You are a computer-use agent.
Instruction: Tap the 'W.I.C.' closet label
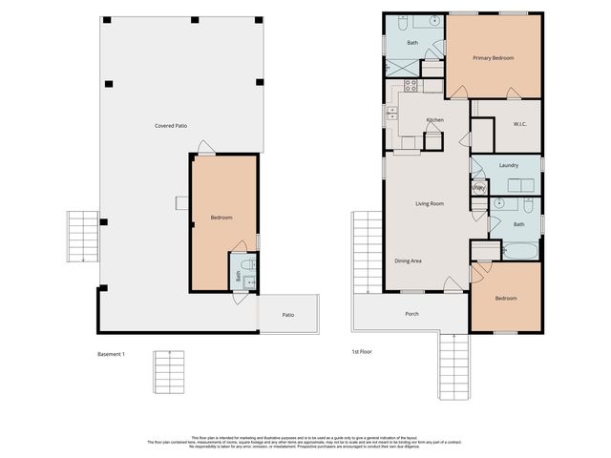(520, 123)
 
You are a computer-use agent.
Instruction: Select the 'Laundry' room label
(508, 165)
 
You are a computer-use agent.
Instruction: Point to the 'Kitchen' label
(434, 120)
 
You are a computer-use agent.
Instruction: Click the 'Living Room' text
(429, 203)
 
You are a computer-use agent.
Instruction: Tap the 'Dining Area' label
(409, 260)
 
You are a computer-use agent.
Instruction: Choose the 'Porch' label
(411, 314)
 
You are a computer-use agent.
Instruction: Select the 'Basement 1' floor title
(112, 354)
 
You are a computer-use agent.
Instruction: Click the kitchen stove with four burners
(411, 85)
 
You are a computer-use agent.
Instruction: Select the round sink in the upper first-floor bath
(432, 19)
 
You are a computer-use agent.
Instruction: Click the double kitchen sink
(391, 113)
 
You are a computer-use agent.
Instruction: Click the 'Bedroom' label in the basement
(221, 219)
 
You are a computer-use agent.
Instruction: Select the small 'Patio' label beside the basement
(287, 315)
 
